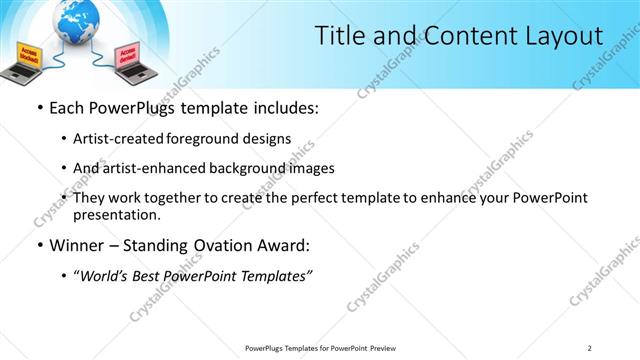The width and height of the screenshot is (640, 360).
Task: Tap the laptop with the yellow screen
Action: point(28,61)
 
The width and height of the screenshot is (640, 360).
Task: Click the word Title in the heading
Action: point(339,37)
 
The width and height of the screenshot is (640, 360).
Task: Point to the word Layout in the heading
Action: point(561,37)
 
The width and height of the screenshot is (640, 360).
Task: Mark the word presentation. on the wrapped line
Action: point(116,214)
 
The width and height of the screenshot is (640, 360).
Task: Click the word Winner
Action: point(76,244)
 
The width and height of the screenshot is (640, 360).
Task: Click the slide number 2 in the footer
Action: point(590,348)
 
